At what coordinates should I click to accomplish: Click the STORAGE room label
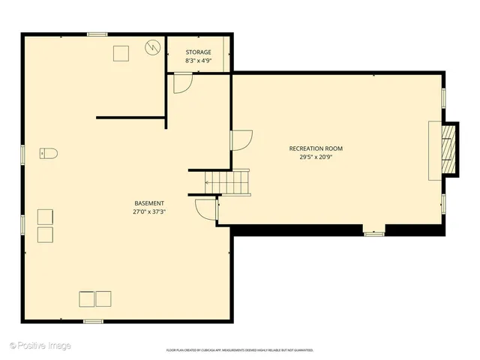coord(198,52)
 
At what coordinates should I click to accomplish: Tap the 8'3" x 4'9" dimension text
coord(198,60)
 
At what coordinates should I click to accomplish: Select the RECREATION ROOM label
coord(316,148)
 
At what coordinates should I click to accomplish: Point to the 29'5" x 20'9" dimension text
coord(316,157)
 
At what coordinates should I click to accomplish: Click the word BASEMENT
coord(149,203)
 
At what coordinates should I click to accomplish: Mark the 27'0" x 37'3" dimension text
coord(149,211)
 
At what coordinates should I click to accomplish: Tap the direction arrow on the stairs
coord(208,181)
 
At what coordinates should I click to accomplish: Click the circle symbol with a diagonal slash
coord(153,47)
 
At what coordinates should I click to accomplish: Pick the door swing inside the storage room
coord(182,82)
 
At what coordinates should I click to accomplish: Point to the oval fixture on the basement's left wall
coord(48,154)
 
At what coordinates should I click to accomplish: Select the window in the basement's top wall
coord(97,34)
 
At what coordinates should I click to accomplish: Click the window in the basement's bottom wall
coord(93,321)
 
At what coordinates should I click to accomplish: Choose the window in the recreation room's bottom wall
coord(373,234)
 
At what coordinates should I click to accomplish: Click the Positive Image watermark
coord(40,346)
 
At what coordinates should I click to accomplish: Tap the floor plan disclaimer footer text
coord(239,350)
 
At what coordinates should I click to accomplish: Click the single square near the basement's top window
coord(121,52)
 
